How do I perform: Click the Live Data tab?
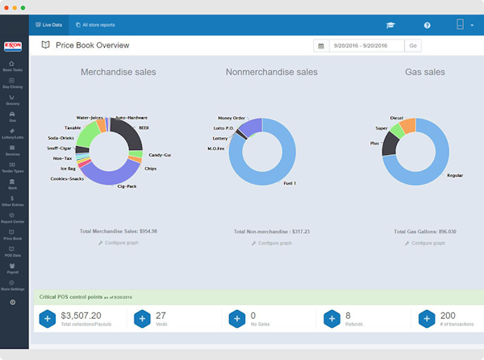49,26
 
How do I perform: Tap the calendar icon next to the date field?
321,47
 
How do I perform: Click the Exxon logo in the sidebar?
12,47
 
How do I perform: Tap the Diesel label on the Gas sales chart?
396,118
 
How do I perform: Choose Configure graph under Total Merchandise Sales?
121,242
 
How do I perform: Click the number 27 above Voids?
161,315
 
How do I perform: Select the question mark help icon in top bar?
427,26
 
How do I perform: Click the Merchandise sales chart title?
118,72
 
